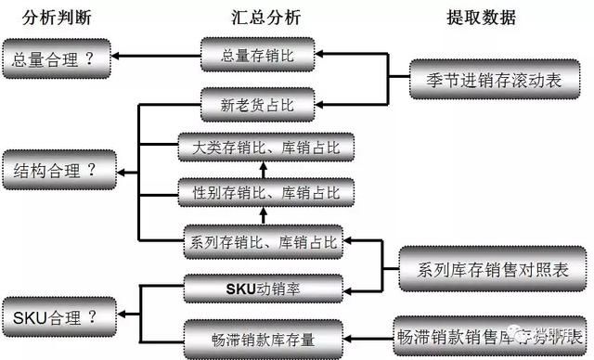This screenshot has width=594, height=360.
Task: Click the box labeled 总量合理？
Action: (55, 58)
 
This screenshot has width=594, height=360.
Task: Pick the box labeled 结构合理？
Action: (55, 169)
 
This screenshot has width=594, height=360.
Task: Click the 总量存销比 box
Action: (259, 53)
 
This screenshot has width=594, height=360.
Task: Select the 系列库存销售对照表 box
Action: (492, 269)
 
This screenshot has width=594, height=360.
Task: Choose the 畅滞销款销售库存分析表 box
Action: (492, 334)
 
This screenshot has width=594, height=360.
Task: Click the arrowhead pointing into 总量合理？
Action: (115, 58)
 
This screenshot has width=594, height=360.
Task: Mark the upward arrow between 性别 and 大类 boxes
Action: (262, 170)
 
